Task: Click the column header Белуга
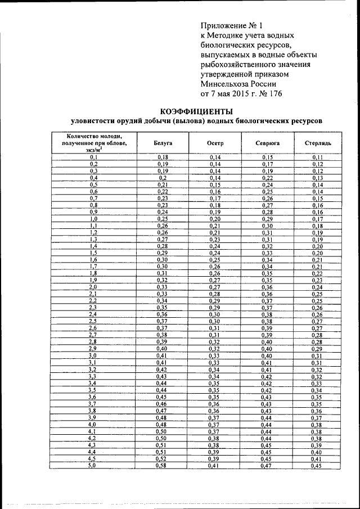[163, 143]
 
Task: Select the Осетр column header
[215, 143]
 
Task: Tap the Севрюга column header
[267, 143]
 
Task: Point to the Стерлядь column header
[317, 143]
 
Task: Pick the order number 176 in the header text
[273, 92]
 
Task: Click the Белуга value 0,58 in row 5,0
[163, 466]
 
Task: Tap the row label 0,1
[93, 157]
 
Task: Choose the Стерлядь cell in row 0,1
[317, 157]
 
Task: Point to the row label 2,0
[93, 287]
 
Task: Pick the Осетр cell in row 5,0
[215, 466]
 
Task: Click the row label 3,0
[93, 355]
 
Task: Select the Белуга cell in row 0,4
[163, 178]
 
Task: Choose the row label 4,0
[93, 425]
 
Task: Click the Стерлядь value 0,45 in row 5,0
[317, 466]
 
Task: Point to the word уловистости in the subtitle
[94, 121]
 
